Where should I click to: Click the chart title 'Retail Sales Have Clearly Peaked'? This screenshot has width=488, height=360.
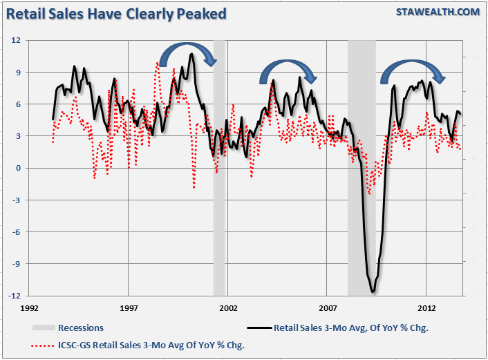117,13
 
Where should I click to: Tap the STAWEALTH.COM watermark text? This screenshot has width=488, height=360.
438,12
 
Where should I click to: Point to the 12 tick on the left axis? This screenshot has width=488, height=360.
17,40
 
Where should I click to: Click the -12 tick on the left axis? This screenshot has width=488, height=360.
15,296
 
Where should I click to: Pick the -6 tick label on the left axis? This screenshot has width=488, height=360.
17,231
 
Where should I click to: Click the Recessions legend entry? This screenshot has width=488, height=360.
81,328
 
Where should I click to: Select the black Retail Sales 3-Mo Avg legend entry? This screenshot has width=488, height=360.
350,328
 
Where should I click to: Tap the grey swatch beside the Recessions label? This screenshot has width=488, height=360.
43,328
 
